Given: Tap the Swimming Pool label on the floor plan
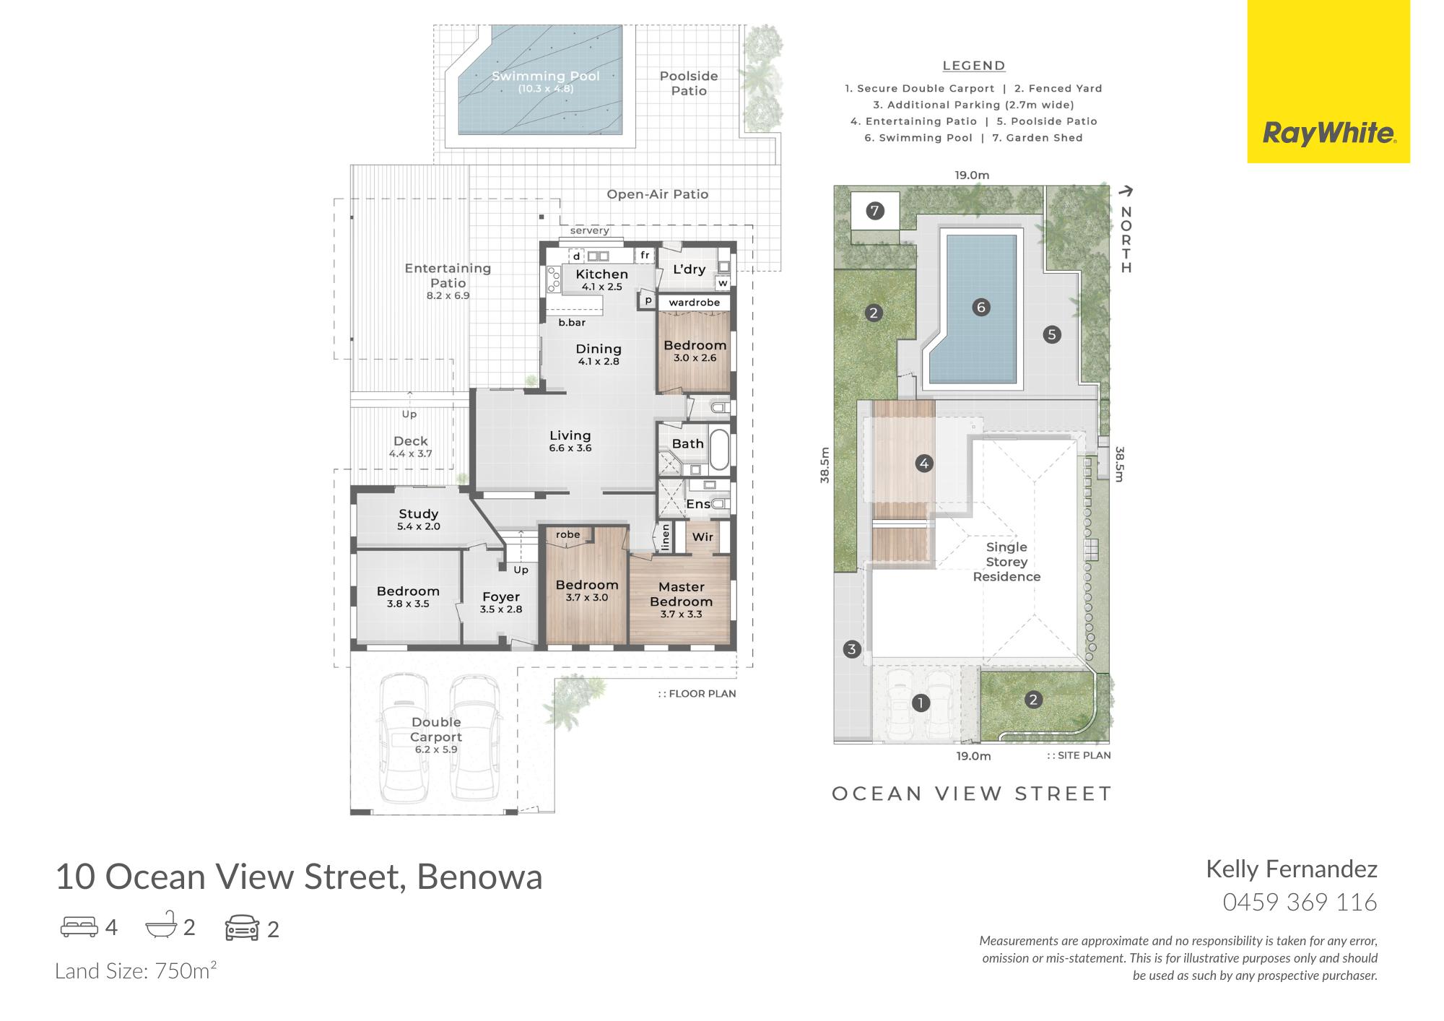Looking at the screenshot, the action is point(546,76).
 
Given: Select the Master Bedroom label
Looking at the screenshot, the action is point(681,594).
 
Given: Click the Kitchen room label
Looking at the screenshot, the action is point(601,274).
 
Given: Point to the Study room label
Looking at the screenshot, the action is point(419,514).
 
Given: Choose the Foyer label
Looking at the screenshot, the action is point(501,597).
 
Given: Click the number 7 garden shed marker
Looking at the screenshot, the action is point(875,211).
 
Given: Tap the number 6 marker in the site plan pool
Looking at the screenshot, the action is point(980,307).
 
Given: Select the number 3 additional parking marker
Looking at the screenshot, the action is point(852,649).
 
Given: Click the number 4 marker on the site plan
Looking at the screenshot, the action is point(924,464).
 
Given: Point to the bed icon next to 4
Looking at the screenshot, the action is point(79,926).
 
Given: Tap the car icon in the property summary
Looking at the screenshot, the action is point(243,928).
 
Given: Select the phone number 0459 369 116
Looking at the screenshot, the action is point(1300,902).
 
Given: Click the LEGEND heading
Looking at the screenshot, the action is point(974,66).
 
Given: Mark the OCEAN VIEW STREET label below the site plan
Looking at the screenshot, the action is point(972,794).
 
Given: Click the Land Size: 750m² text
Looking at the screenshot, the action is point(136,970).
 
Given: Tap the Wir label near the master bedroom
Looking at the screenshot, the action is point(703,536).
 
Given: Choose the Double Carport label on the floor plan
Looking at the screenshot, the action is point(436,729).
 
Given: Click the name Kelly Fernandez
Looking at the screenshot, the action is point(1292,869).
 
